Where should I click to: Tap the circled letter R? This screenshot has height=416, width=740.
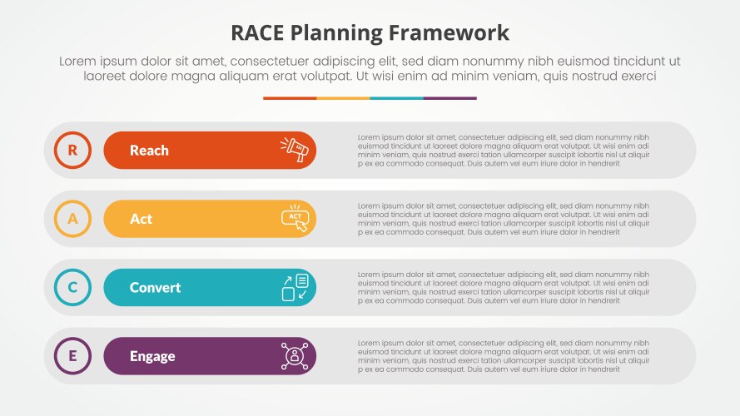pos(72,151)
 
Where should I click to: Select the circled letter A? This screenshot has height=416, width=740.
pos(72,219)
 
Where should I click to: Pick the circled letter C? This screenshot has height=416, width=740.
pos(72,288)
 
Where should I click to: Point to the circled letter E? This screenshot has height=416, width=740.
pos(72,356)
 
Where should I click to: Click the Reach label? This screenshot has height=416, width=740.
pos(149,151)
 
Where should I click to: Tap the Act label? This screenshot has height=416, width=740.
pos(141,219)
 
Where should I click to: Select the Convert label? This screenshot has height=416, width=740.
pos(155,288)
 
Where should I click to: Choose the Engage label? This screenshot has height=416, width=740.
pos(152,356)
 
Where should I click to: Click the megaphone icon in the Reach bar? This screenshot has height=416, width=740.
pos(295,150)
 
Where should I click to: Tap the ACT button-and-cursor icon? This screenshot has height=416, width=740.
pos(295,218)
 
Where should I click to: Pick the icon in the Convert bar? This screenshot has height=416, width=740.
pos(295,288)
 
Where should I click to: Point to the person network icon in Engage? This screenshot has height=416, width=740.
pos(295,356)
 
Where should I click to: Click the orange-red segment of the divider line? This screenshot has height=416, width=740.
pos(290,98)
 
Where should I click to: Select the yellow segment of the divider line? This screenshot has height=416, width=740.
pos(343,98)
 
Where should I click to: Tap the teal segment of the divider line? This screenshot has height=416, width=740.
pos(396,98)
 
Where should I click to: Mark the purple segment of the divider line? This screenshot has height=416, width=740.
pos(449,98)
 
